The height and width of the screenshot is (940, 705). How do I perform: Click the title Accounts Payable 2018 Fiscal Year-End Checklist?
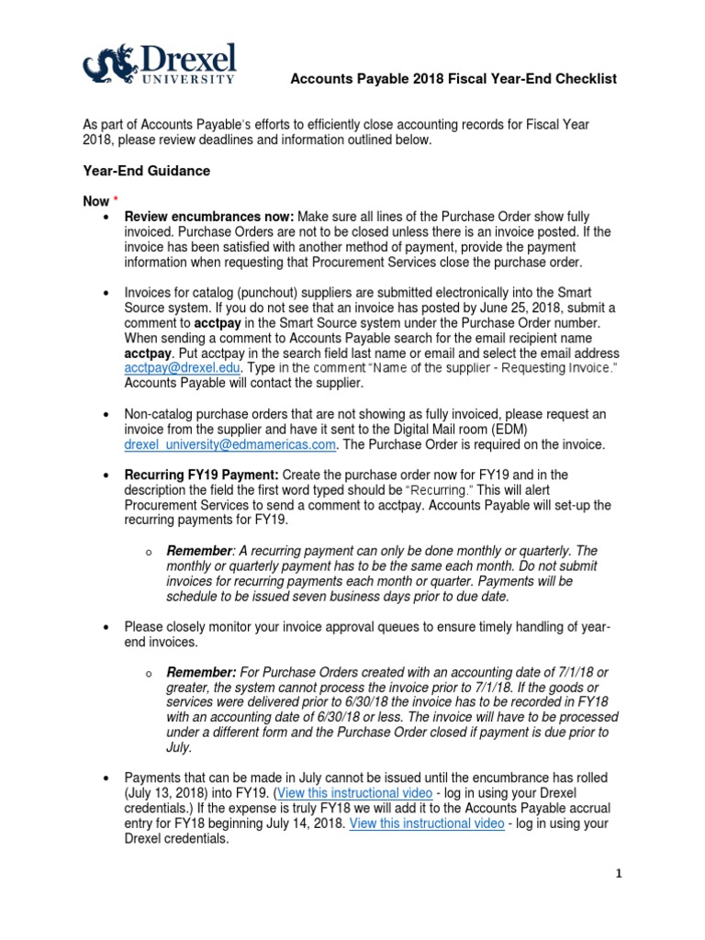point(453,80)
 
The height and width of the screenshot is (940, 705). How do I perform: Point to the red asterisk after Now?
point(116,200)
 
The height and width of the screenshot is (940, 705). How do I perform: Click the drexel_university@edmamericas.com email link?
point(230,444)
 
